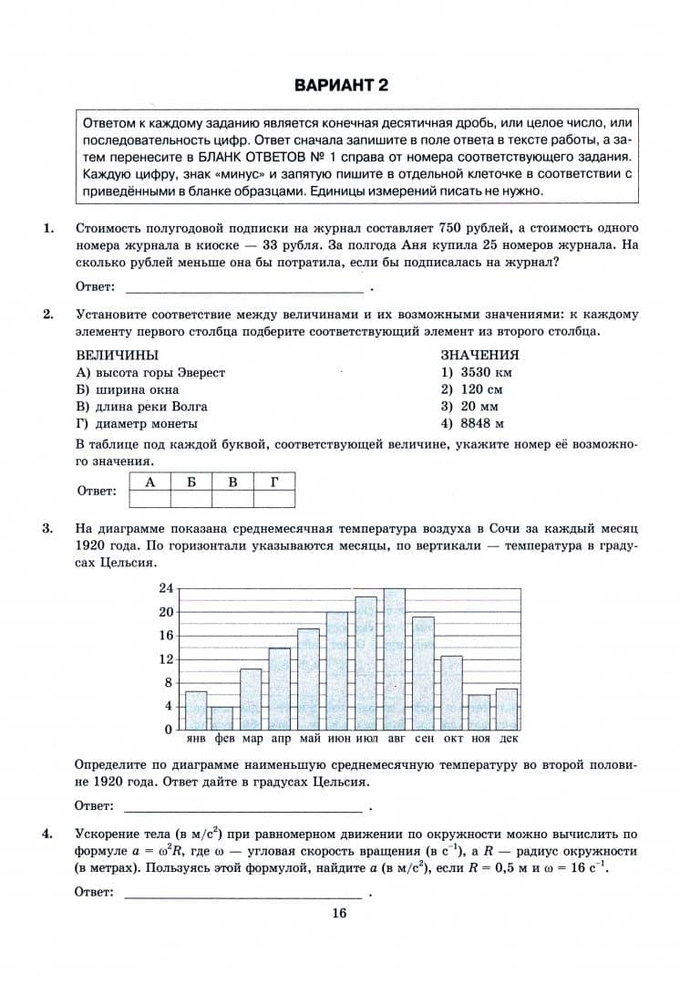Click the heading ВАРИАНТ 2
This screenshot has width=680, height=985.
(x=341, y=86)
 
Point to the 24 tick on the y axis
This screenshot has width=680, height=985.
(x=166, y=588)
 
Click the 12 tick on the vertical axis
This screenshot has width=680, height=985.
(x=166, y=659)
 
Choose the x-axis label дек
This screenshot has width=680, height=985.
(x=508, y=738)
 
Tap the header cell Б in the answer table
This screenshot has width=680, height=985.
(x=191, y=482)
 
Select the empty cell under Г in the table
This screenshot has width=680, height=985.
(x=274, y=498)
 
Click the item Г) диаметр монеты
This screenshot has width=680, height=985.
(x=137, y=423)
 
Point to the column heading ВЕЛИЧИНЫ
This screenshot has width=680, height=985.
(x=117, y=355)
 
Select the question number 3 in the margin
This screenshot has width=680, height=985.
(x=47, y=528)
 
